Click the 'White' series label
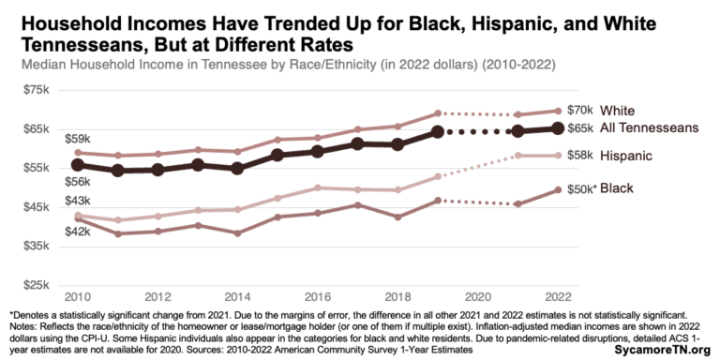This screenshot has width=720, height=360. click(618, 110)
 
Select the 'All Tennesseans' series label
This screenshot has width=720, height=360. click(649, 127)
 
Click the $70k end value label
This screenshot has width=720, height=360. click(581, 110)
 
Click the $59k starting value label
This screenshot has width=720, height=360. click(78, 138)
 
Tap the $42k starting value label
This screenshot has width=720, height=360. click(78, 231)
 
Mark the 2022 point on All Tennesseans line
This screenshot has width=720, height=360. click(557, 127)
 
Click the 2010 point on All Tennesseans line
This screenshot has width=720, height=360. click(78, 165)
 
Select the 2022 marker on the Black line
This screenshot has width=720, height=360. click(557, 189)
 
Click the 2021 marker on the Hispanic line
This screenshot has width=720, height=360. click(517, 155)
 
